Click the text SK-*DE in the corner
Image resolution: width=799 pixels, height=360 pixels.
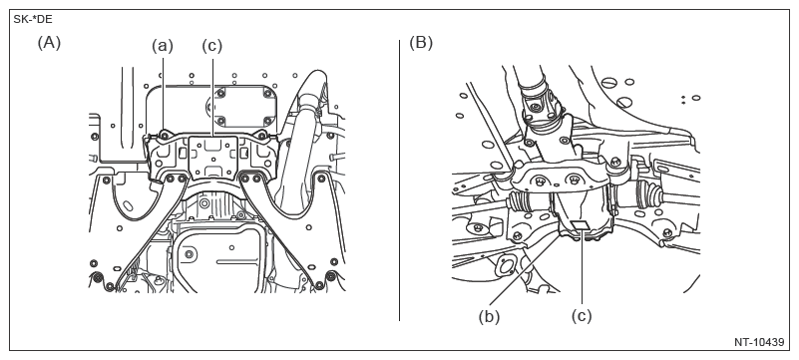coord(33,20)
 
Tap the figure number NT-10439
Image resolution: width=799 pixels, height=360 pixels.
coord(759,342)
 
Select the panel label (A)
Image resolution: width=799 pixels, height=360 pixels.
coord(49,43)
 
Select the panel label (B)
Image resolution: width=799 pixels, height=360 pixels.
coord(421,43)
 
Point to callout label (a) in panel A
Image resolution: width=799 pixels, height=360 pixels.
coord(163,46)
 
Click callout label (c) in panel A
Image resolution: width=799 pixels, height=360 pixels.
coord(212,46)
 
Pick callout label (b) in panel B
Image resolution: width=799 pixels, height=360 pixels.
coord(489,316)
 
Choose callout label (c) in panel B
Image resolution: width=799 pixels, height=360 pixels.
coord(582,316)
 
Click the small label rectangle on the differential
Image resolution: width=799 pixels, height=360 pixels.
coord(581,225)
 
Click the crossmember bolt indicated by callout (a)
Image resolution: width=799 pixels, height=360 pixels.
coord(164,135)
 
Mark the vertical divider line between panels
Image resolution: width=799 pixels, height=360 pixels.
coord(399,180)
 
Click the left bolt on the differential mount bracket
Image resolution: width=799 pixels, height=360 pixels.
coord(540,180)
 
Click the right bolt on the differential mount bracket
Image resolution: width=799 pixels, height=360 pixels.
coord(575,180)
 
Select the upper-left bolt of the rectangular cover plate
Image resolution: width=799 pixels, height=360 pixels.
coord(220,93)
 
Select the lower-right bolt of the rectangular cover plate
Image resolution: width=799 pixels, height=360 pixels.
coord(268,122)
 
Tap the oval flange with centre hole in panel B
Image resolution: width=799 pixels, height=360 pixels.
coord(506,266)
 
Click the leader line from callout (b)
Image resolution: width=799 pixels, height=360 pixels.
coord(525,270)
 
